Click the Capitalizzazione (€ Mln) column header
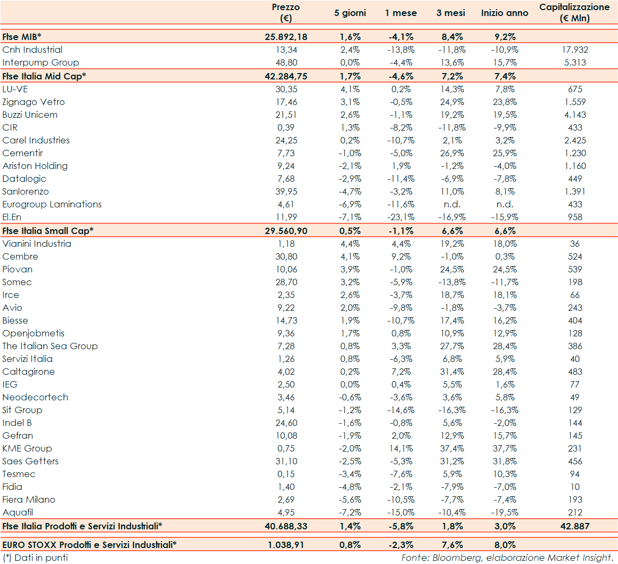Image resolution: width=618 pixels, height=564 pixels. pyautogui.click(x=574, y=13)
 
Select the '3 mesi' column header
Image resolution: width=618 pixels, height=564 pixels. pyautogui.click(x=450, y=13)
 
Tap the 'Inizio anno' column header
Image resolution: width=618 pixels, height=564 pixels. pyautogui.click(x=505, y=13)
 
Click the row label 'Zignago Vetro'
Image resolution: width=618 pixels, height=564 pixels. pyautogui.click(x=34, y=102)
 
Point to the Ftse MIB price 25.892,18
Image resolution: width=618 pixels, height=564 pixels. pyautogui.click(x=286, y=37)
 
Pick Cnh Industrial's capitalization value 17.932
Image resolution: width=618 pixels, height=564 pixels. pyautogui.click(x=575, y=50)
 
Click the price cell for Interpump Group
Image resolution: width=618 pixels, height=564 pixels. pyautogui.click(x=286, y=62)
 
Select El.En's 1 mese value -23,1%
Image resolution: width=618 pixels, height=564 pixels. pyautogui.click(x=401, y=217)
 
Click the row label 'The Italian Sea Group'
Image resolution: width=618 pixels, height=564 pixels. pyautogui.click(x=50, y=346)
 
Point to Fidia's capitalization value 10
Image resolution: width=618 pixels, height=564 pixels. pyautogui.click(x=575, y=487)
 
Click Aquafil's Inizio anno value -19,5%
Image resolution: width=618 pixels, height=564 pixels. pyautogui.click(x=505, y=512)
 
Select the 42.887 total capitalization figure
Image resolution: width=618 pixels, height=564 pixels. pyautogui.click(x=575, y=526)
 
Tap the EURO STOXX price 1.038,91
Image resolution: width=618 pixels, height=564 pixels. pyautogui.click(x=286, y=545)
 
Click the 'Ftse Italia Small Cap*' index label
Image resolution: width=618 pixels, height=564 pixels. pyautogui.click(x=48, y=231)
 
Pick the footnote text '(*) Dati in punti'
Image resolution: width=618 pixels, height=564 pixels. pyautogui.click(x=35, y=558)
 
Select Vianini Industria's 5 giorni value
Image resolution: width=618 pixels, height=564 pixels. pyautogui.click(x=350, y=244)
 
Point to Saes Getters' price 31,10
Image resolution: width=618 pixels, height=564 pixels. pyautogui.click(x=286, y=461)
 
